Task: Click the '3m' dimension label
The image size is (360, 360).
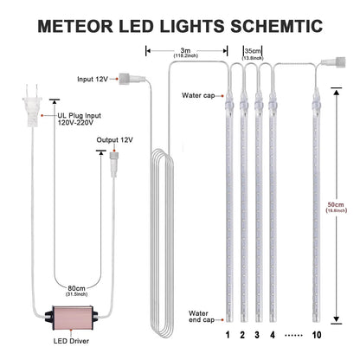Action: tap(186, 49)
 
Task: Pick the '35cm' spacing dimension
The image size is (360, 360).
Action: tap(253, 50)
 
